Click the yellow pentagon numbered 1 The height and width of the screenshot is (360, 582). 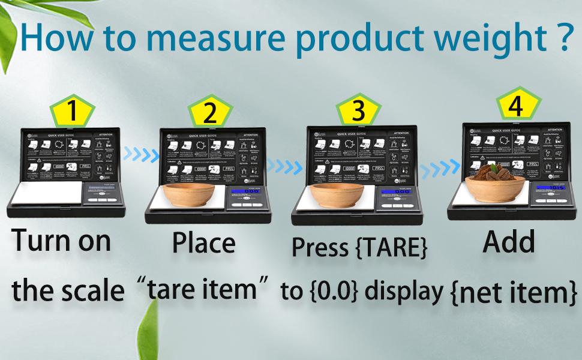tap(72, 111)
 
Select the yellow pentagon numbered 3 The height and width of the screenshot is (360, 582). tap(358, 110)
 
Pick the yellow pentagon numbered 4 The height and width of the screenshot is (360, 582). tap(515, 107)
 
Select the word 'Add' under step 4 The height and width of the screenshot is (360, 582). tap(509, 242)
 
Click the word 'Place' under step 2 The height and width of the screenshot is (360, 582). tap(203, 243)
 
